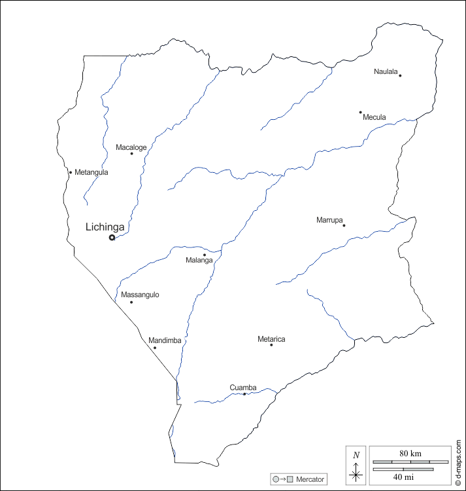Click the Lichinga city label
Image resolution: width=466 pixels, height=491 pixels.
click(x=105, y=227)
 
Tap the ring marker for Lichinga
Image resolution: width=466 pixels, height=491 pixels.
click(x=112, y=238)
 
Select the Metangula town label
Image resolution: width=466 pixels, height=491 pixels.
click(x=92, y=172)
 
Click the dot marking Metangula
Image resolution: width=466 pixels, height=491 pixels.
click(x=71, y=172)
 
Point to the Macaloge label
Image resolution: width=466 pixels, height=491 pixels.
click(x=131, y=147)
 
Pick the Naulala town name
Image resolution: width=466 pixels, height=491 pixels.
click(x=386, y=71)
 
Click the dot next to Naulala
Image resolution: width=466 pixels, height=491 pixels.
click(x=400, y=75)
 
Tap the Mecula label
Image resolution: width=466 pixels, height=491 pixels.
click(x=374, y=117)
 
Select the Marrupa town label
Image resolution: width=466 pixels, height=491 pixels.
click(x=329, y=220)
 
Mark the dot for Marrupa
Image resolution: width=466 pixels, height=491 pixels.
click(x=344, y=225)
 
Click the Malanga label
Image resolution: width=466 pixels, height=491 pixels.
click(x=199, y=261)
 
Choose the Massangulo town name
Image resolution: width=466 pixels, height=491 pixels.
click(x=140, y=295)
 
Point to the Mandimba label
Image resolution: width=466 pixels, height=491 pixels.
click(x=165, y=340)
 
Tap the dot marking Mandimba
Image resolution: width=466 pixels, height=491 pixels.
click(x=155, y=347)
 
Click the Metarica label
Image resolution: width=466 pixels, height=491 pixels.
click(x=271, y=339)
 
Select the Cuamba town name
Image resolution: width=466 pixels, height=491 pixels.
click(x=243, y=388)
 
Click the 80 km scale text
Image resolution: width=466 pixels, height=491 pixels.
click(x=410, y=453)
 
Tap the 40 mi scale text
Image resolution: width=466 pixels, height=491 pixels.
click(x=403, y=477)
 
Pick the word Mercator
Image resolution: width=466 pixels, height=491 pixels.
click(x=310, y=479)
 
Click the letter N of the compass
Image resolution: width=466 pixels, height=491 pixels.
click(x=356, y=455)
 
